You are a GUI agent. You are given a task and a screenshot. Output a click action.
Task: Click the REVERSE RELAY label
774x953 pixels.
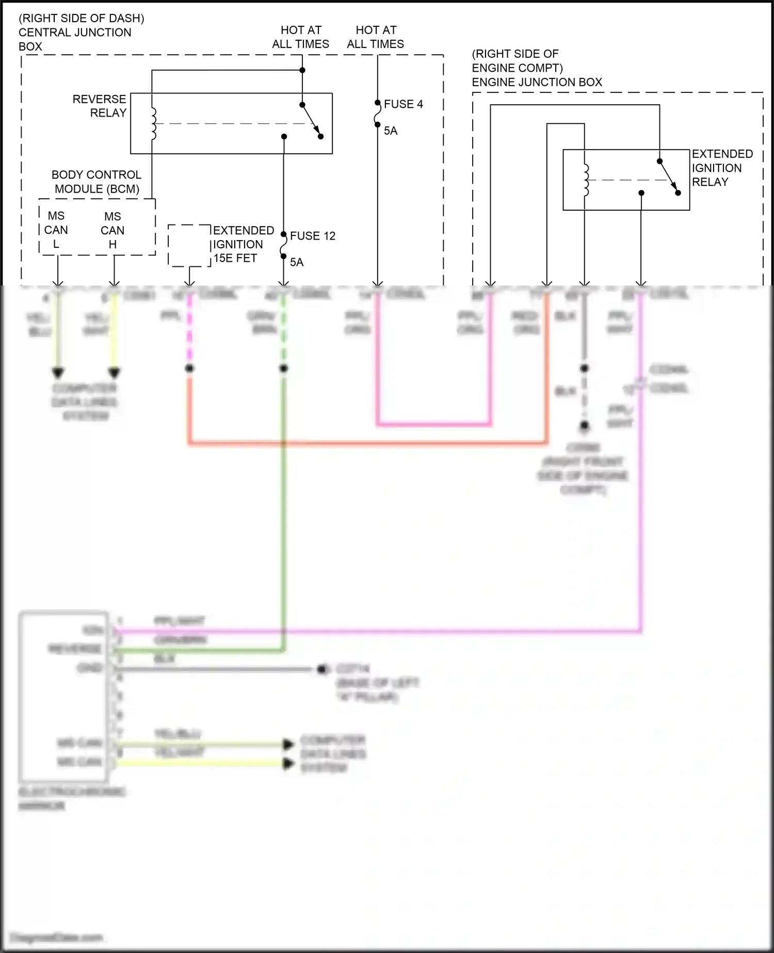tap(100, 106)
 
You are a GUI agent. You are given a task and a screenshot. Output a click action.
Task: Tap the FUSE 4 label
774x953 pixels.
tap(403, 104)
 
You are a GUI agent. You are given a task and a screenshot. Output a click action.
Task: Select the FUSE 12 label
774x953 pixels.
tap(312, 236)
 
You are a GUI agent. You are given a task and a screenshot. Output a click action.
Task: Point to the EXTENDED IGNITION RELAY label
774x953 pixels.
tap(722, 168)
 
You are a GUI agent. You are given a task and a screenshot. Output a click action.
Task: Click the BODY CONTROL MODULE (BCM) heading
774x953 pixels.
tap(96, 182)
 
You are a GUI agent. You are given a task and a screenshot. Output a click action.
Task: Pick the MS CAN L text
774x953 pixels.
tap(56, 230)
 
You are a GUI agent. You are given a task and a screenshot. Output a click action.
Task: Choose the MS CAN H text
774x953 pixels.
tap(112, 230)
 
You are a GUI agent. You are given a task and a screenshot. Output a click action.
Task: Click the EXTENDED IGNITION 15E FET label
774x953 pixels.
tap(243, 244)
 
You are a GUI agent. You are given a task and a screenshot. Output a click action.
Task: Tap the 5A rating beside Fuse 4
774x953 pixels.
tap(391, 131)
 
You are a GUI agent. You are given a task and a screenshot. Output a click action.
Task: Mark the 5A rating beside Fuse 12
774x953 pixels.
tap(297, 262)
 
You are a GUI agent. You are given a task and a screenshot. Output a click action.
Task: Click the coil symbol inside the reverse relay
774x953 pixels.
tap(153, 124)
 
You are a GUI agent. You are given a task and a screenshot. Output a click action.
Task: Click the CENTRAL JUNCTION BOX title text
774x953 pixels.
tap(75, 33)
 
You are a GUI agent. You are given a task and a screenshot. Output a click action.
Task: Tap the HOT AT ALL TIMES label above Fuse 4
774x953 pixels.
tap(375, 37)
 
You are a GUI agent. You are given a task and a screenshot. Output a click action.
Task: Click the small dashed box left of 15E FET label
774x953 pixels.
tap(189, 246)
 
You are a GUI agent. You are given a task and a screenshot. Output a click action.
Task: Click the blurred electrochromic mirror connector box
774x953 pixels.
tap(63, 697)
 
